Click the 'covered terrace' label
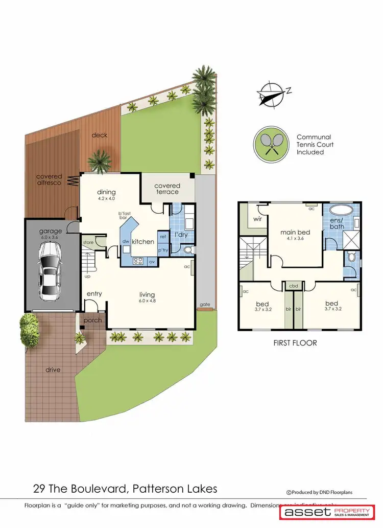pyautogui.click(x=167, y=189)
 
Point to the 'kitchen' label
pyautogui.click(x=143, y=241)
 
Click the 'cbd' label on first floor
pyautogui.click(x=294, y=286)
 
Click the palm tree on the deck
pyautogui.click(x=100, y=161)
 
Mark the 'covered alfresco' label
pyautogui.click(x=50, y=179)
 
